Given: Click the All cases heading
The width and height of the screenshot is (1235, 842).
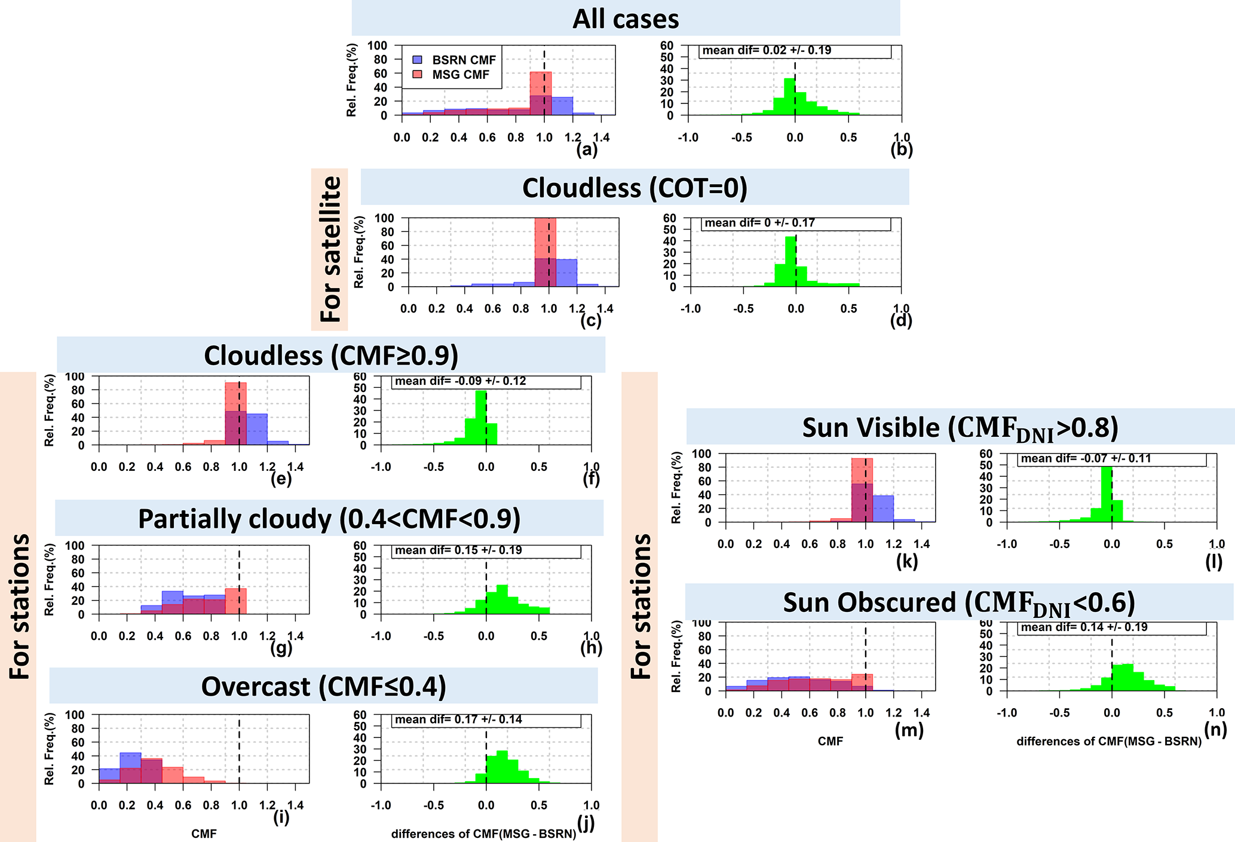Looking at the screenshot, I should tap(626, 19).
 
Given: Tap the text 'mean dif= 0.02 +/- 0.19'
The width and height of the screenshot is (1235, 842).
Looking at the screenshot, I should tap(767, 51).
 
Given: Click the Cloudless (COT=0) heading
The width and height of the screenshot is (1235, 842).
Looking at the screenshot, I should tap(635, 188).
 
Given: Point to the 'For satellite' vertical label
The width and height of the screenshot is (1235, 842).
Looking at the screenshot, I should tap(330, 249).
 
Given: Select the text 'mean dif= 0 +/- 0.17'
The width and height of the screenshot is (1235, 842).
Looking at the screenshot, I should tap(759, 223).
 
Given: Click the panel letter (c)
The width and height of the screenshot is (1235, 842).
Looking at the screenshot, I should tap(590, 321).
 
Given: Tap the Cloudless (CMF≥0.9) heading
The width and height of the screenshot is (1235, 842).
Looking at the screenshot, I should tap(331, 356).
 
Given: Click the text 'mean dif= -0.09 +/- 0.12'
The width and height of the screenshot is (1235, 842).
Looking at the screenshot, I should tap(460, 381).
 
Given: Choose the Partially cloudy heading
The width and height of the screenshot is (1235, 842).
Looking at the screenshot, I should tap(329, 519).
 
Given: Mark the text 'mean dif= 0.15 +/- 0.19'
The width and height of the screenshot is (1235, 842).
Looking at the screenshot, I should tap(458, 550).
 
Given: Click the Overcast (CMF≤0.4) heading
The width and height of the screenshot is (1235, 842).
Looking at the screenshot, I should tap(323, 687).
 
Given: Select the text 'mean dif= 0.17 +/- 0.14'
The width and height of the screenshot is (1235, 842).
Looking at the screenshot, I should tap(458, 719).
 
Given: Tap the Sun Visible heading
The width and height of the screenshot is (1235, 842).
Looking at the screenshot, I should tap(960, 428).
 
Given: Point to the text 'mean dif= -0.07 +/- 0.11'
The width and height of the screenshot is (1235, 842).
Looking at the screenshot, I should tap(1086, 459).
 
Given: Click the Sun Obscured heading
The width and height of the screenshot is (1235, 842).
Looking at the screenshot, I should tap(959, 603).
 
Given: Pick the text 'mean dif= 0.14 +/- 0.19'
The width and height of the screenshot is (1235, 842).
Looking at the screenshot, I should tap(1084, 627).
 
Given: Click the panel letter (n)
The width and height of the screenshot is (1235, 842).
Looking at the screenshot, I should tap(1215, 730).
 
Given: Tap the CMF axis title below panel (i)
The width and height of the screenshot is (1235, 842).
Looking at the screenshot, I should tap(204, 834).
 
